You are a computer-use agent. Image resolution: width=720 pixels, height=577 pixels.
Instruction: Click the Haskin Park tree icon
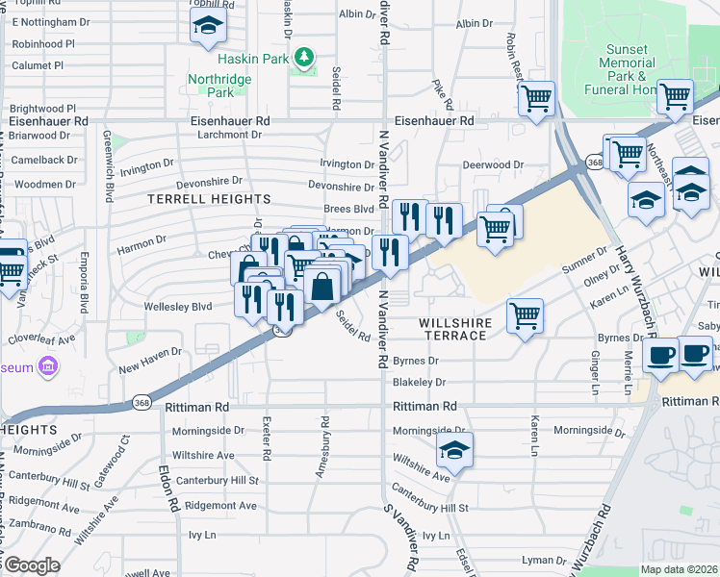point(305,58)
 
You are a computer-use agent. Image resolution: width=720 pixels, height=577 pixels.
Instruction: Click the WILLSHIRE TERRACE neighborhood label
point(457,329)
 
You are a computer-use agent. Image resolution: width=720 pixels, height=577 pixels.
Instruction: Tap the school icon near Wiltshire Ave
point(455,450)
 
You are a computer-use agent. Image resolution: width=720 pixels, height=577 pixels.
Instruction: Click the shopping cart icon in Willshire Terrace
point(525,314)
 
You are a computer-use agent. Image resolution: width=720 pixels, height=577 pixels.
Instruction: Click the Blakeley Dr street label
point(417,382)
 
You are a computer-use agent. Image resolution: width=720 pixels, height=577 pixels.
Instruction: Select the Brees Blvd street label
point(348,209)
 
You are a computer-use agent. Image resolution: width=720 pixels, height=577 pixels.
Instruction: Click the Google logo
point(32,565)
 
